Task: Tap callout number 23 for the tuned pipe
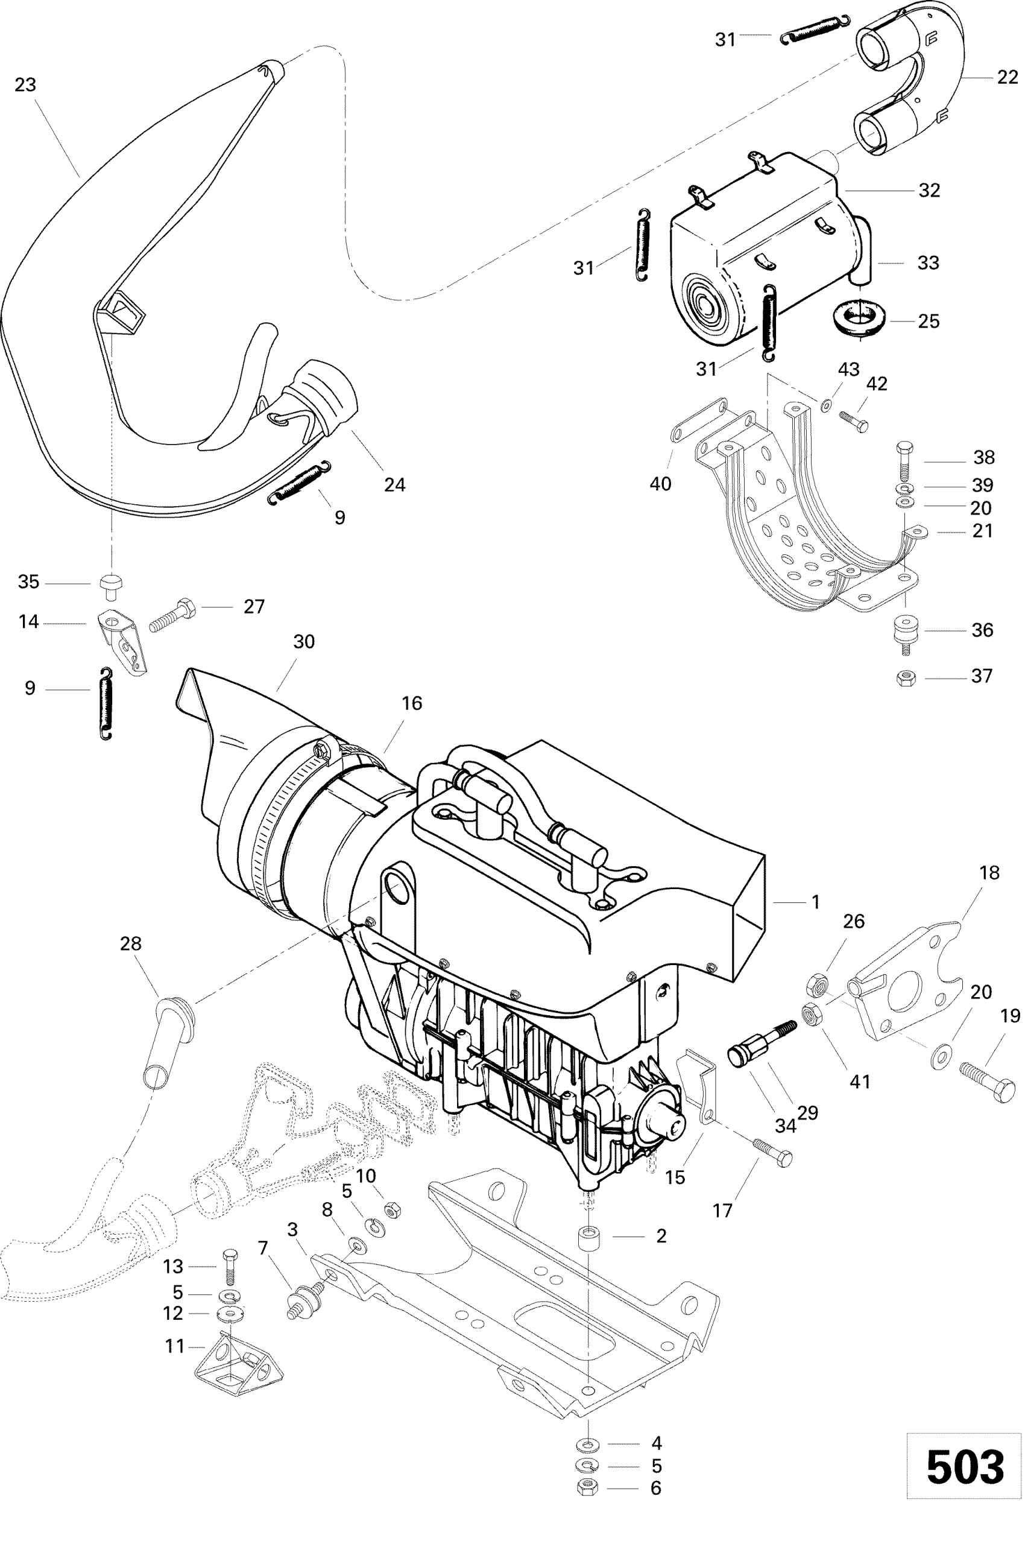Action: (x=25, y=85)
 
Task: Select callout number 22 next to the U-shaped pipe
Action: (x=1008, y=78)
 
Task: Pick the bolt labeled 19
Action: (x=988, y=1082)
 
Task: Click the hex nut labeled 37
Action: (x=906, y=678)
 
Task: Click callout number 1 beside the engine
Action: (x=815, y=902)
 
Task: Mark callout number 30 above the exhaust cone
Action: (x=303, y=642)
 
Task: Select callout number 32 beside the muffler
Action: (x=929, y=190)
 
